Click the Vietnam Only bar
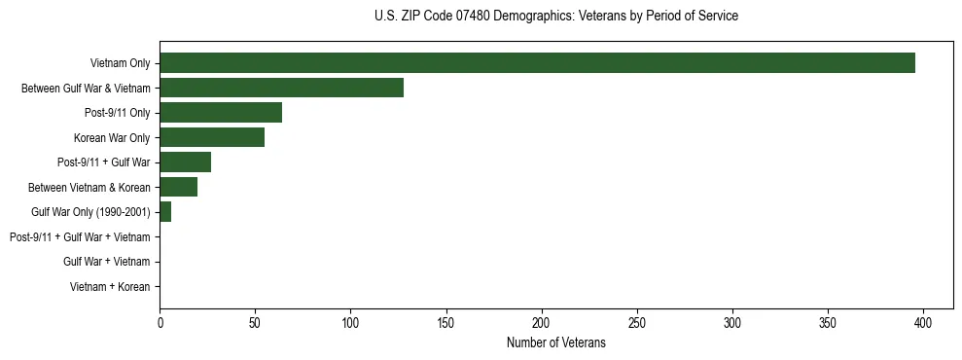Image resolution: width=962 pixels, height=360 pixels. point(537,63)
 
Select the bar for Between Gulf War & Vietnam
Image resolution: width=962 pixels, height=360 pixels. point(281,88)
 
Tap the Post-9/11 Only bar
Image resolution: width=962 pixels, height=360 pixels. point(221,113)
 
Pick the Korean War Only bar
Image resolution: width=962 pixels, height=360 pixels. point(212,137)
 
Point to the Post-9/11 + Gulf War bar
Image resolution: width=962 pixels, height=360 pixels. point(185,162)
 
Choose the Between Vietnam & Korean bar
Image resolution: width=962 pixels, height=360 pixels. point(178,187)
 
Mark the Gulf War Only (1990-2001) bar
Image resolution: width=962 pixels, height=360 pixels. point(165,212)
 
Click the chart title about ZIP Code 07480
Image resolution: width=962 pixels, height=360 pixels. point(555,17)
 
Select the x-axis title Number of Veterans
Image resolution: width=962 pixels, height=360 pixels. point(555,342)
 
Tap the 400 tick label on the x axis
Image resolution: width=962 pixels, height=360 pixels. point(923,322)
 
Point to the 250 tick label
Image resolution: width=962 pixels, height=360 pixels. point(637,322)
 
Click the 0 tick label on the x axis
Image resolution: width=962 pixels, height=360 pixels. point(160,322)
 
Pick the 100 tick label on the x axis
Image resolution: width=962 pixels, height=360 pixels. point(350,322)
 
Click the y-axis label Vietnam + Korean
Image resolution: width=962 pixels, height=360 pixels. point(110,287)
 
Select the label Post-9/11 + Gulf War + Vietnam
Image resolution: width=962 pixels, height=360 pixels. point(80,237)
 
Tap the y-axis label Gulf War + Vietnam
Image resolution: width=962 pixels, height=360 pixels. point(107,262)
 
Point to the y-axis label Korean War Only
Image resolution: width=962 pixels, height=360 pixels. point(112,138)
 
